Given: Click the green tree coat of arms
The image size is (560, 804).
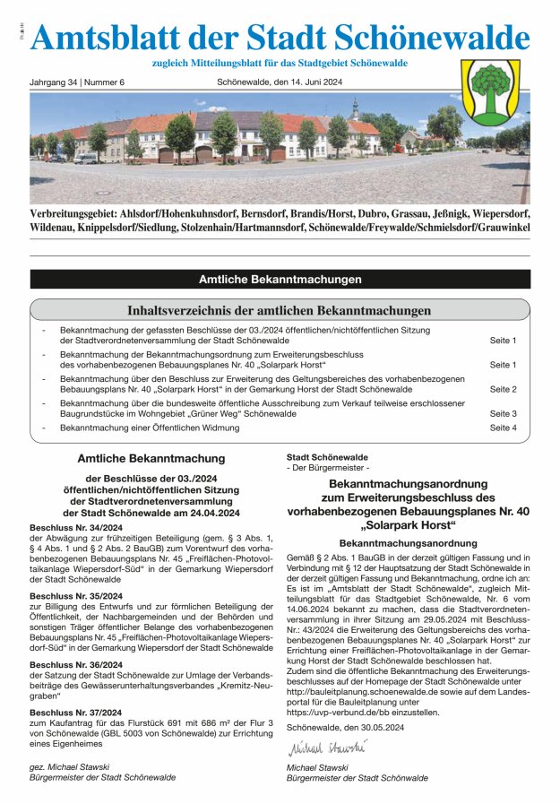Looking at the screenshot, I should click(490, 91).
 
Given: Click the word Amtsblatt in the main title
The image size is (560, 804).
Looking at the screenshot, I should click(93, 38).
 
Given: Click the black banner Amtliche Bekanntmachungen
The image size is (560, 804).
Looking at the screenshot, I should click(280, 280).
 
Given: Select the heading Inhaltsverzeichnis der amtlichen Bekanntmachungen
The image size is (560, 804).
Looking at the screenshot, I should click(280, 311).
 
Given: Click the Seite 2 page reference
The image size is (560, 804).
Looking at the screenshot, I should click(503, 390).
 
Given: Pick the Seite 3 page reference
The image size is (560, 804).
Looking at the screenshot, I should click(503, 414).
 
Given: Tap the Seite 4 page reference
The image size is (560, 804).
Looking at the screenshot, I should click(503, 428).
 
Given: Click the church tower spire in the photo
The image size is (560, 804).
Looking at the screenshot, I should click(355, 108).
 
